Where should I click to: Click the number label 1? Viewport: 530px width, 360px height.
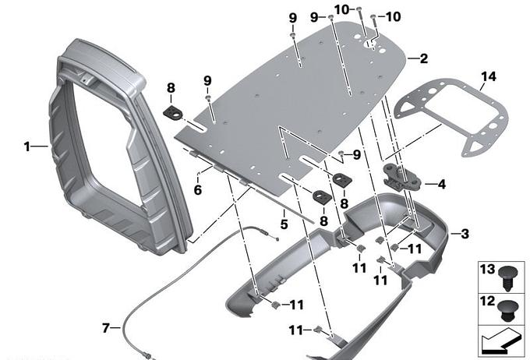click(26, 146)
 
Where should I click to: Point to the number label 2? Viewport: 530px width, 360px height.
click(424, 58)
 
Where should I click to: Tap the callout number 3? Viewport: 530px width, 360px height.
click(465, 233)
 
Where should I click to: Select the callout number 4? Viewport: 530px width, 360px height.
click(441, 185)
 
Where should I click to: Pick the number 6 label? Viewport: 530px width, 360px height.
click(197, 190)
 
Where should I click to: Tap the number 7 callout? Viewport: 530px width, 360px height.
click(107, 328)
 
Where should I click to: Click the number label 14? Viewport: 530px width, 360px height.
click(489, 76)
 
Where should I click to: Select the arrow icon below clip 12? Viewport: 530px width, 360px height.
click(499, 341)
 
